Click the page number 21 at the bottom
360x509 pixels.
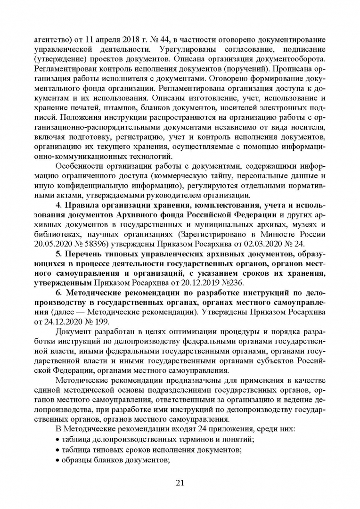click(180, 482)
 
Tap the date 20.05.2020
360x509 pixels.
click(53, 244)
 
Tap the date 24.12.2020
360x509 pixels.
click(63, 323)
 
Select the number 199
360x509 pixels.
click(102, 323)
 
